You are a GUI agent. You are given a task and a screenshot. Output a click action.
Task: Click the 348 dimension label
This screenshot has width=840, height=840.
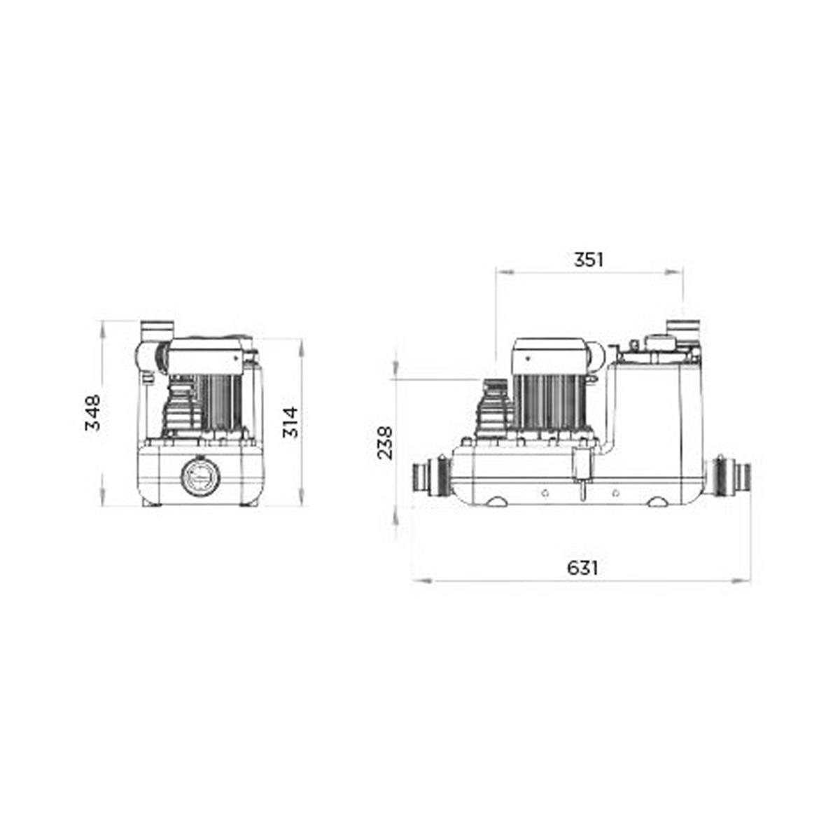coord(93,412)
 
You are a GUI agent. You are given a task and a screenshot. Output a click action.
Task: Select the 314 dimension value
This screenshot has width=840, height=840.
coord(290,421)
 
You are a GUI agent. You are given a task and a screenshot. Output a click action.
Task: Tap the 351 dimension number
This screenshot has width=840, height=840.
coord(588,260)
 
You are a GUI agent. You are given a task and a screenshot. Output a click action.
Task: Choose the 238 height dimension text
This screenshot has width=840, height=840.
coord(385,443)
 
